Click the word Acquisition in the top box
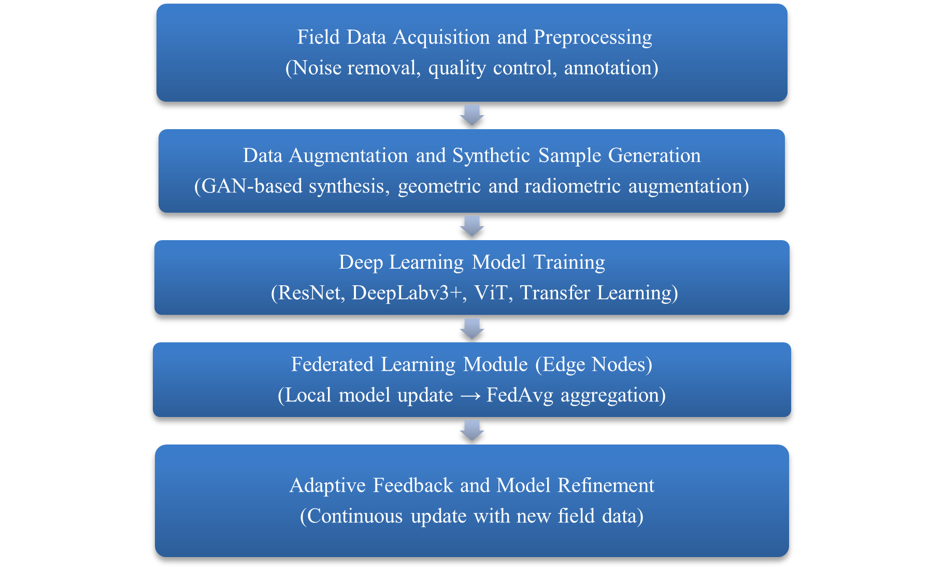[x=441, y=38]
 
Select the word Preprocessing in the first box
[x=593, y=38]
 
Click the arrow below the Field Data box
[x=472, y=115]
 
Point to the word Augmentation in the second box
[x=348, y=156]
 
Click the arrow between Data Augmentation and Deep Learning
[x=472, y=226]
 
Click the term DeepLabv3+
[x=407, y=293]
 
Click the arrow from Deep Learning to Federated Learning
[x=472, y=329]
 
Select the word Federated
[x=332, y=365]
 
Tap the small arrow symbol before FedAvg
[x=470, y=396]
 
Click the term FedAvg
[x=520, y=396]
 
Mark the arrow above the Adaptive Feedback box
[x=472, y=431]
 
